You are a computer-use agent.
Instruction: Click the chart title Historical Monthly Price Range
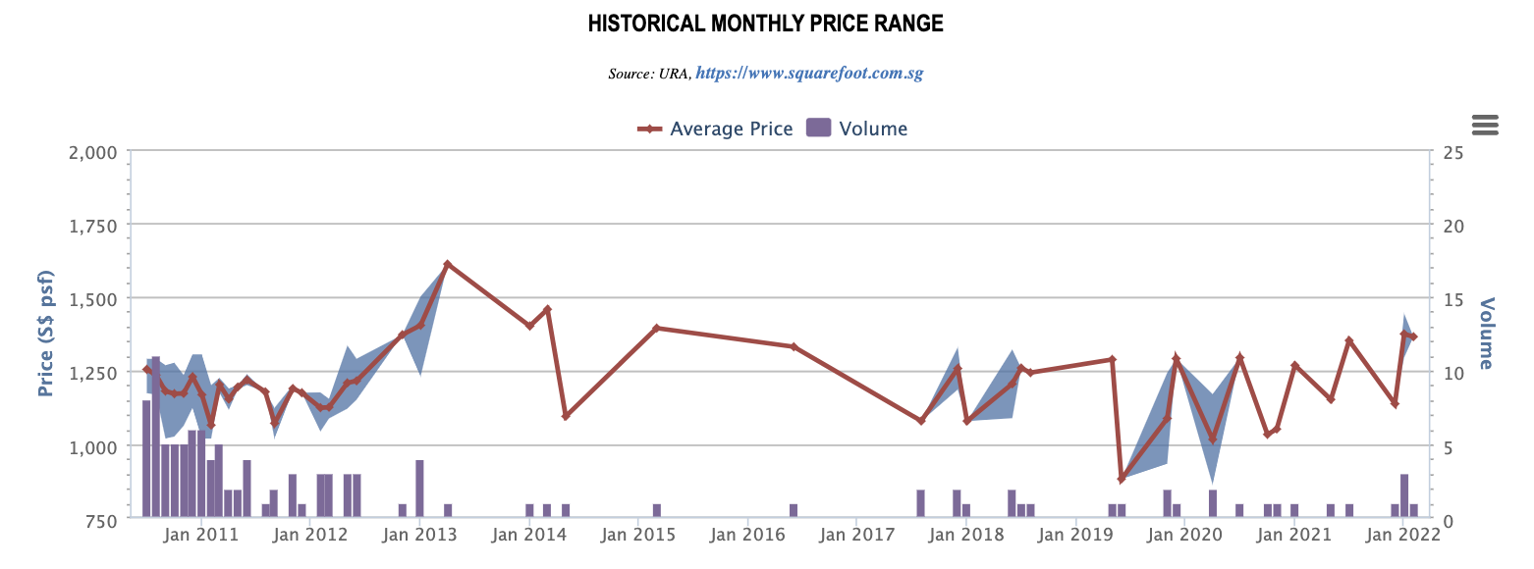click(766, 24)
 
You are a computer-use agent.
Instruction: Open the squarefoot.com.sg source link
click(809, 74)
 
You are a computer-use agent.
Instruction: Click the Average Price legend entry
click(716, 129)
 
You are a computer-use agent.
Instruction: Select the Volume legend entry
click(856, 129)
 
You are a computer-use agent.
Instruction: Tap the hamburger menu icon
click(1485, 125)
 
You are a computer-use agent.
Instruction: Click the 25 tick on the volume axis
click(1452, 152)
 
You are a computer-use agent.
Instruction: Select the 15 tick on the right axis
click(1452, 299)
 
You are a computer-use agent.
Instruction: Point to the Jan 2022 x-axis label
click(1405, 536)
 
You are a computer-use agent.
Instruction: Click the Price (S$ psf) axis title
click(45, 335)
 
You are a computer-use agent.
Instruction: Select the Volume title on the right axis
click(1486, 335)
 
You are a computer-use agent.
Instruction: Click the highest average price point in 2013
click(447, 264)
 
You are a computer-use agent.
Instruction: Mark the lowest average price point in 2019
click(1122, 479)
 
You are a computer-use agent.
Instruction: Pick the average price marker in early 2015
click(656, 328)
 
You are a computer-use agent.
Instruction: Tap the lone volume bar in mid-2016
click(794, 510)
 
